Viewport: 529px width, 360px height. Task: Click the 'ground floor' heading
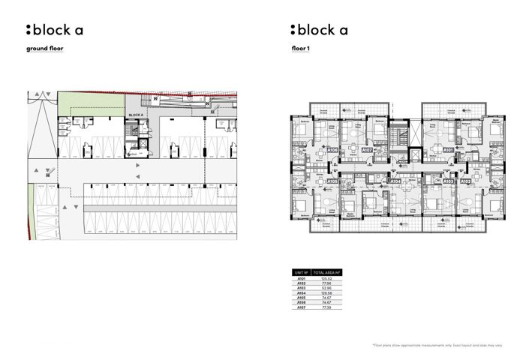click(x=45, y=49)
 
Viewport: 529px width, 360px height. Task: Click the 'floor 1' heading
click(x=301, y=49)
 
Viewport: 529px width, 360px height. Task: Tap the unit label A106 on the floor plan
click(x=332, y=150)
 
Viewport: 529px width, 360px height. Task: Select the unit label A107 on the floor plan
click(x=367, y=150)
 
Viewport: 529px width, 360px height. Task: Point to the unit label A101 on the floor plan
click(x=448, y=150)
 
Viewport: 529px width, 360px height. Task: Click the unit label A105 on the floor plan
click(x=332, y=181)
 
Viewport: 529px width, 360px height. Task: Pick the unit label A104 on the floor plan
click(x=395, y=181)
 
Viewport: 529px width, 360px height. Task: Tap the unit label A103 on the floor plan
click(x=448, y=181)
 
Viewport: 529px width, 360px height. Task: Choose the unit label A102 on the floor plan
click(x=465, y=181)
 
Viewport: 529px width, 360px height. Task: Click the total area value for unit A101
click(x=326, y=278)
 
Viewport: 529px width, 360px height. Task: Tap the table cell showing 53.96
click(x=326, y=288)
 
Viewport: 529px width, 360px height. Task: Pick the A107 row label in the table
click(x=300, y=307)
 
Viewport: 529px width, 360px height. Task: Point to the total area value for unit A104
click(x=326, y=293)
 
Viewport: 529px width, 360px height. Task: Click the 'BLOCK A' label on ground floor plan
click(x=136, y=115)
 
